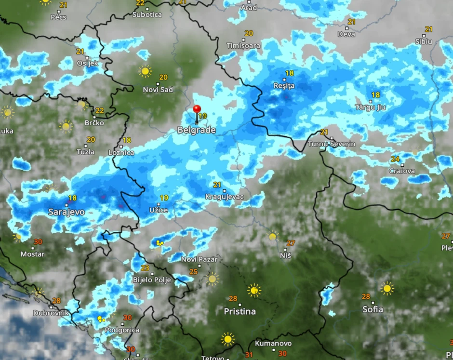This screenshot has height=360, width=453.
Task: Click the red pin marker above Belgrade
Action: [197, 110]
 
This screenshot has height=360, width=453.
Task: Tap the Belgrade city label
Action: [196, 130]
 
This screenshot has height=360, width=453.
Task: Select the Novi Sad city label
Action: [158, 90]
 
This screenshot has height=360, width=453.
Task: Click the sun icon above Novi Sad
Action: [145, 71]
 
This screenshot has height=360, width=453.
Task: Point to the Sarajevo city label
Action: [67, 212]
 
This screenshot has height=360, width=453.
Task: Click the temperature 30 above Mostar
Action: [38, 242]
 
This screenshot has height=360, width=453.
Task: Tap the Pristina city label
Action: [240, 311]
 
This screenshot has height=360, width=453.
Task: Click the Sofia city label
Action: [373, 309]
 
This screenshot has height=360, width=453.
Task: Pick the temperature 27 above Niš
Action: [291, 243]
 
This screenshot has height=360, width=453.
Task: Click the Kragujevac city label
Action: [225, 197]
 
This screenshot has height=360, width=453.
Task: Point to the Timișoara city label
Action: [243, 46]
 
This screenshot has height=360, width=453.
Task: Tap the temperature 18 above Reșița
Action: [289, 73]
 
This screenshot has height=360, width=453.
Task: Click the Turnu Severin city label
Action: [332, 144]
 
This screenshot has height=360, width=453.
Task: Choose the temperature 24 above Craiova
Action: [395, 159]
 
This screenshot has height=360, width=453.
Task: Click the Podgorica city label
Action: [122, 330]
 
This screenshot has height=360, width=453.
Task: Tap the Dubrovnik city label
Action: [51, 313]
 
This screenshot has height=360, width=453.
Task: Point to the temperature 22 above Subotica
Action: [140, 2]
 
